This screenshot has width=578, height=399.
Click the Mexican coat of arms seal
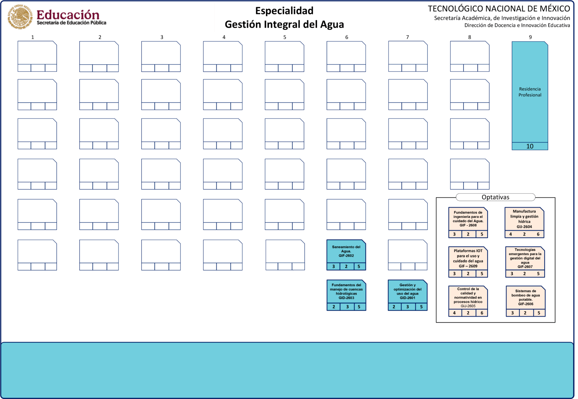point(20,17)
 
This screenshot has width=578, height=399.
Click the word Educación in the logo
point(68,15)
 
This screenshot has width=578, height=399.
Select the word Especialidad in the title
point(284,11)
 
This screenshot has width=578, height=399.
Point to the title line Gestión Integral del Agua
point(284,24)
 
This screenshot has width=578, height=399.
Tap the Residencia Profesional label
point(530,92)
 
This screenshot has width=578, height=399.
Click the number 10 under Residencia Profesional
point(530,146)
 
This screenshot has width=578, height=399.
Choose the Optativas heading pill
point(495,197)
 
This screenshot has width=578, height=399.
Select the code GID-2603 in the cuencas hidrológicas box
point(346,298)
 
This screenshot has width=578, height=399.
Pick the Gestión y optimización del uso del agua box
point(407,291)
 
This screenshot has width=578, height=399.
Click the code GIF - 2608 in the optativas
point(468,225)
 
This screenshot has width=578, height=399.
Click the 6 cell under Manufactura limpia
point(538,234)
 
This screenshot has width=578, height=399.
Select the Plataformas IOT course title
point(468,256)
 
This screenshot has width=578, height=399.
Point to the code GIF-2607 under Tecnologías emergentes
point(525,267)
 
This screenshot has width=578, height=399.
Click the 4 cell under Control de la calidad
point(454,313)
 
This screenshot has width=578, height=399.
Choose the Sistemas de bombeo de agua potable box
point(525,297)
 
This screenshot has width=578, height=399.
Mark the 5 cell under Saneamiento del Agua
point(359,266)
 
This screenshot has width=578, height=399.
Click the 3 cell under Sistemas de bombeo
point(512,313)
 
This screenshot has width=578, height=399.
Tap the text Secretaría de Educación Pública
point(71,23)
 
